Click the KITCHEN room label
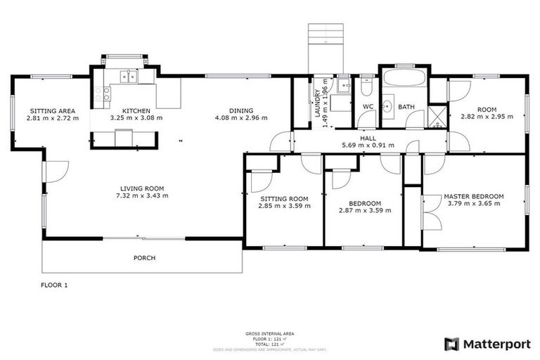tap(136, 110)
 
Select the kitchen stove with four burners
tap(107, 93)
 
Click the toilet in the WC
tap(367, 89)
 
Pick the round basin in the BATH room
tap(387, 106)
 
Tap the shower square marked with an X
tap(438, 115)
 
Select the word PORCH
tap(144, 258)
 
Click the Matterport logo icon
tap(452, 344)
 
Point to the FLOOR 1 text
tap(55, 285)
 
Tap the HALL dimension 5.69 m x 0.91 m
tap(367, 146)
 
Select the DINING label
tap(241, 110)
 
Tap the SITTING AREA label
tap(52, 110)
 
